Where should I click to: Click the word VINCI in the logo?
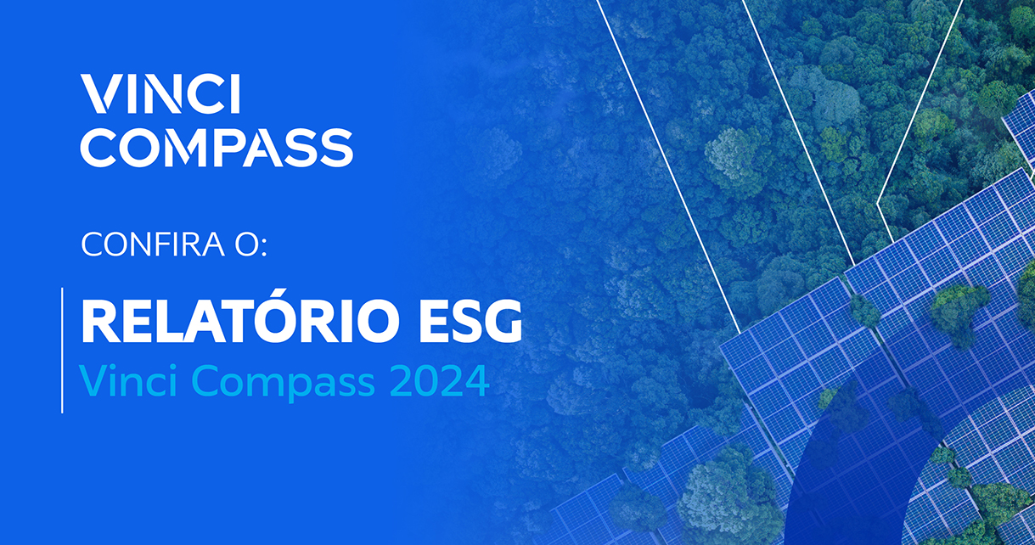[x=160, y=93]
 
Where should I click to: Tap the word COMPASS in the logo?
[x=217, y=148]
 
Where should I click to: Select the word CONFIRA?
[x=153, y=244]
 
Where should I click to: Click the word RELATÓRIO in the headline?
[x=240, y=317]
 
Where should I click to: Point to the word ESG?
[x=471, y=321]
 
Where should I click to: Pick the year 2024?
[x=439, y=381]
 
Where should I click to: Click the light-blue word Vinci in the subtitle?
[x=129, y=380]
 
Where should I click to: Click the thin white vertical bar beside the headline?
[x=62, y=350]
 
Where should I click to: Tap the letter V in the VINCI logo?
[x=100, y=93]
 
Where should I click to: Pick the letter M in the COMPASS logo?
[x=186, y=148]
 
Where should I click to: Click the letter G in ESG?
[x=501, y=321]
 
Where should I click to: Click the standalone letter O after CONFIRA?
[x=247, y=244]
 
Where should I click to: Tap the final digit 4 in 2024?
[x=477, y=381]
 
